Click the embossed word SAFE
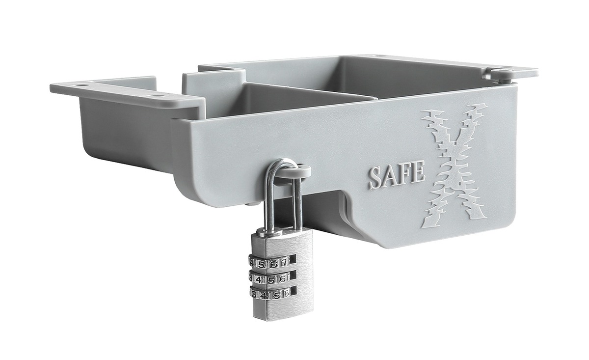[x=397, y=175]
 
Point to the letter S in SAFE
[x=376, y=179]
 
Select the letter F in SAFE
[x=406, y=174]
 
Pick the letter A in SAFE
[x=391, y=177]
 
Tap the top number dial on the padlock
[x=269, y=262]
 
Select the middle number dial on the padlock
[x=269, y=278]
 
